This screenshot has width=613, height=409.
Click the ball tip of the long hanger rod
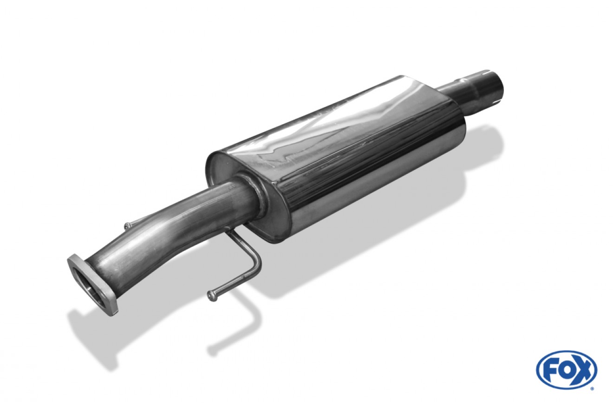pos(211,295)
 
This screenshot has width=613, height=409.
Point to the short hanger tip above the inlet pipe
pos(127,226)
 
